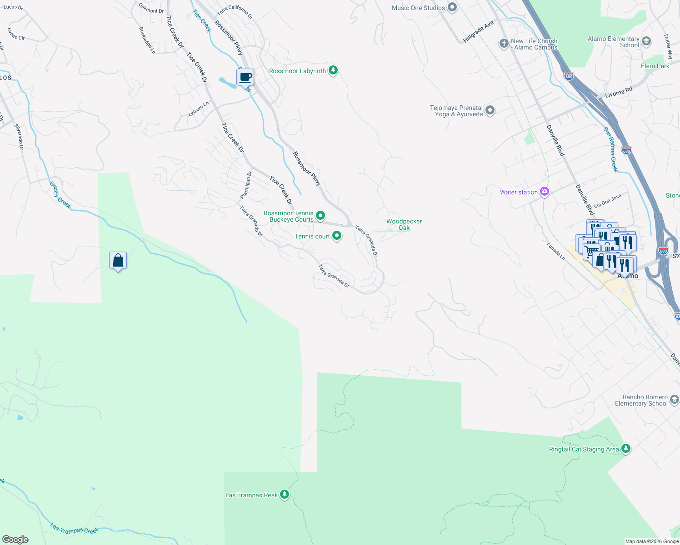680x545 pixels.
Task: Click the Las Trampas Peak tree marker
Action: point(285,494)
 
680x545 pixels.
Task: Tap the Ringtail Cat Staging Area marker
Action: point(626,448)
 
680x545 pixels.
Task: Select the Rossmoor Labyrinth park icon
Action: point(333,70)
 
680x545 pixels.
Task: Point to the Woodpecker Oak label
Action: point(404,224)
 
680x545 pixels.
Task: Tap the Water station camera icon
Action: point(544,192)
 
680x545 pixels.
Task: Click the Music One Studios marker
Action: point(452,7)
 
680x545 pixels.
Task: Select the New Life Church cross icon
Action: point(504,44)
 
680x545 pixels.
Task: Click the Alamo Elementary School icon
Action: point(646,42)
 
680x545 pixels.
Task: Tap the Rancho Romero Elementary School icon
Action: point(674,400)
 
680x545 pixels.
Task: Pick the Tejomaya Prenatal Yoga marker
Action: point(490,110)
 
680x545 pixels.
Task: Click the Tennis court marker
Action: point(337,236)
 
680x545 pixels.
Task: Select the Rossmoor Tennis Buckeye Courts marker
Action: point(320,216)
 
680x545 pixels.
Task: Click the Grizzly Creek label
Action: point(60,195)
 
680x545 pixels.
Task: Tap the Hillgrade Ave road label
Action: point(478,32)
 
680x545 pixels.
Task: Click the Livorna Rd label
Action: point(619,92)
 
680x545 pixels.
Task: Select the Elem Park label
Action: point(655,66)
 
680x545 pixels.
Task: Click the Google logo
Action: point(15,540)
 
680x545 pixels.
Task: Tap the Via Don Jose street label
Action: point(607,201)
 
